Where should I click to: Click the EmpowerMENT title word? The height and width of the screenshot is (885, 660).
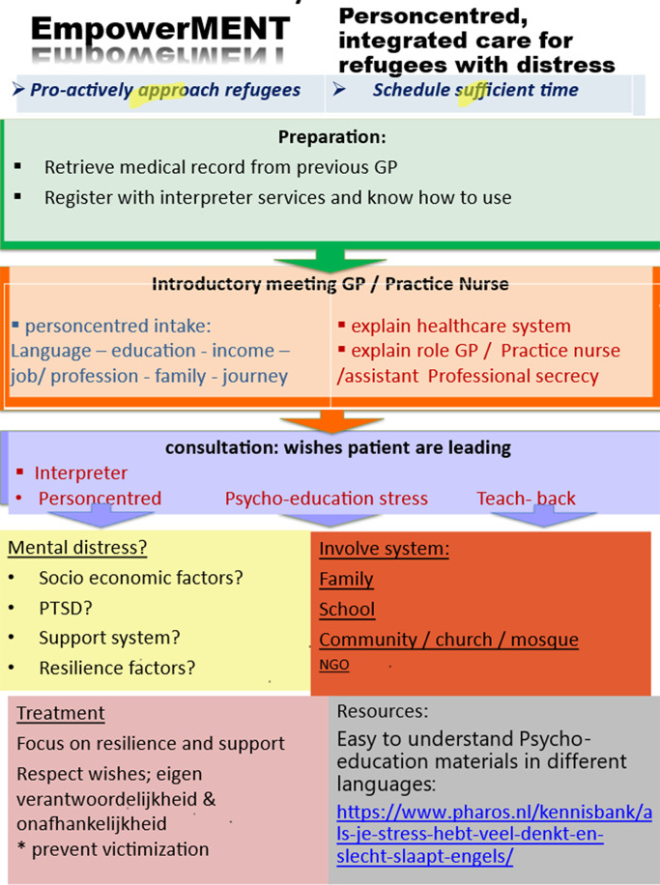159,29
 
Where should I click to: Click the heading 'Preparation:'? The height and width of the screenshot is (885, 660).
331,137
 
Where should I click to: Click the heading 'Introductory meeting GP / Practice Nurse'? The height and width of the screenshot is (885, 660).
330,284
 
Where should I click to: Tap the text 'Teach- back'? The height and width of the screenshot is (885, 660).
526,499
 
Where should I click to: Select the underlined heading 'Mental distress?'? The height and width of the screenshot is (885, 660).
77,548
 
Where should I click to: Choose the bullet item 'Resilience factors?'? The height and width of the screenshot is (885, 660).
117,668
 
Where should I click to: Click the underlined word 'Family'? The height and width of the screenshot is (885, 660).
346,580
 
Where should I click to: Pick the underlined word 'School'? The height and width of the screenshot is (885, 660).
347,610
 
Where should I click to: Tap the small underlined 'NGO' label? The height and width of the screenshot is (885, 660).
334,665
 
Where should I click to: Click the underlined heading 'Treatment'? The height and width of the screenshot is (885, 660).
60,713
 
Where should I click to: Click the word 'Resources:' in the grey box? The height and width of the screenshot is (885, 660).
382,711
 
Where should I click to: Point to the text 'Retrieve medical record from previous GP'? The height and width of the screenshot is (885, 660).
220,167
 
